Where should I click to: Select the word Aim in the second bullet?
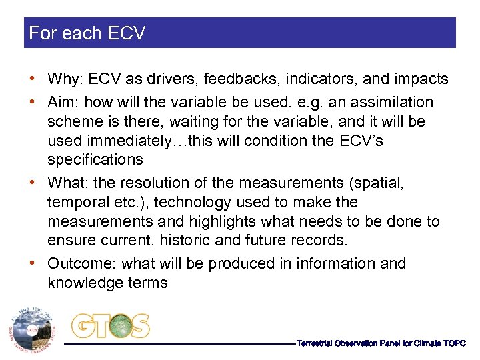tap(61, 103)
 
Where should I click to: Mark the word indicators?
tap(313, 79)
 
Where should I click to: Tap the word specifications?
tap(95, 160)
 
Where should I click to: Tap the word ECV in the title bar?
tap(125, 33)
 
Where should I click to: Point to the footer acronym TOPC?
tap(454, 343)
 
